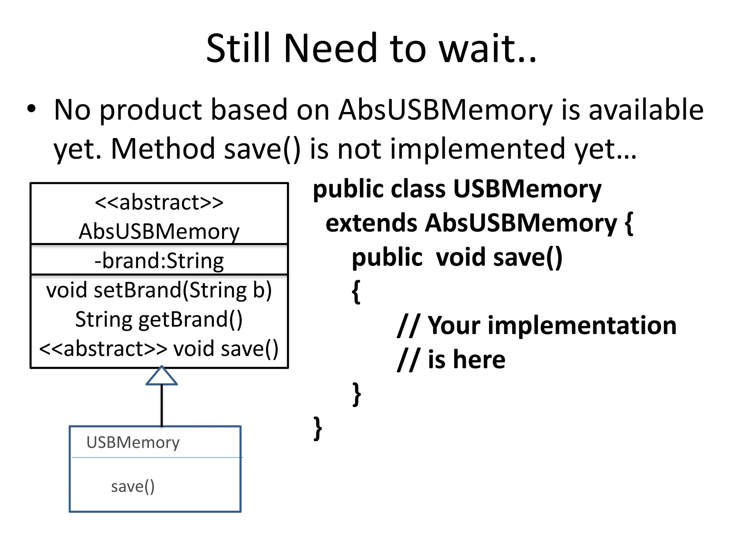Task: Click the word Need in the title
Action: point(330,48)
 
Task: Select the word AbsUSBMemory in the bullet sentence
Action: point(445,110)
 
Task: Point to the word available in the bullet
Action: point(646,110)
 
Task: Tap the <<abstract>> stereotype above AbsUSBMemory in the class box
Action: point(159,202)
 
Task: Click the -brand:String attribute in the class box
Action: point(159,261)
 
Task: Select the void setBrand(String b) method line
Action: point(159,290)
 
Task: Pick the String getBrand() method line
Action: point(159,319)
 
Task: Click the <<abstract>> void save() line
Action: point(159,348)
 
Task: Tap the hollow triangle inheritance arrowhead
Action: point(162,376)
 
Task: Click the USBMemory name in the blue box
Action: point(133,442)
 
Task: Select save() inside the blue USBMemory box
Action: point(133,486)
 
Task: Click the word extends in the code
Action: point(371,223)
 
